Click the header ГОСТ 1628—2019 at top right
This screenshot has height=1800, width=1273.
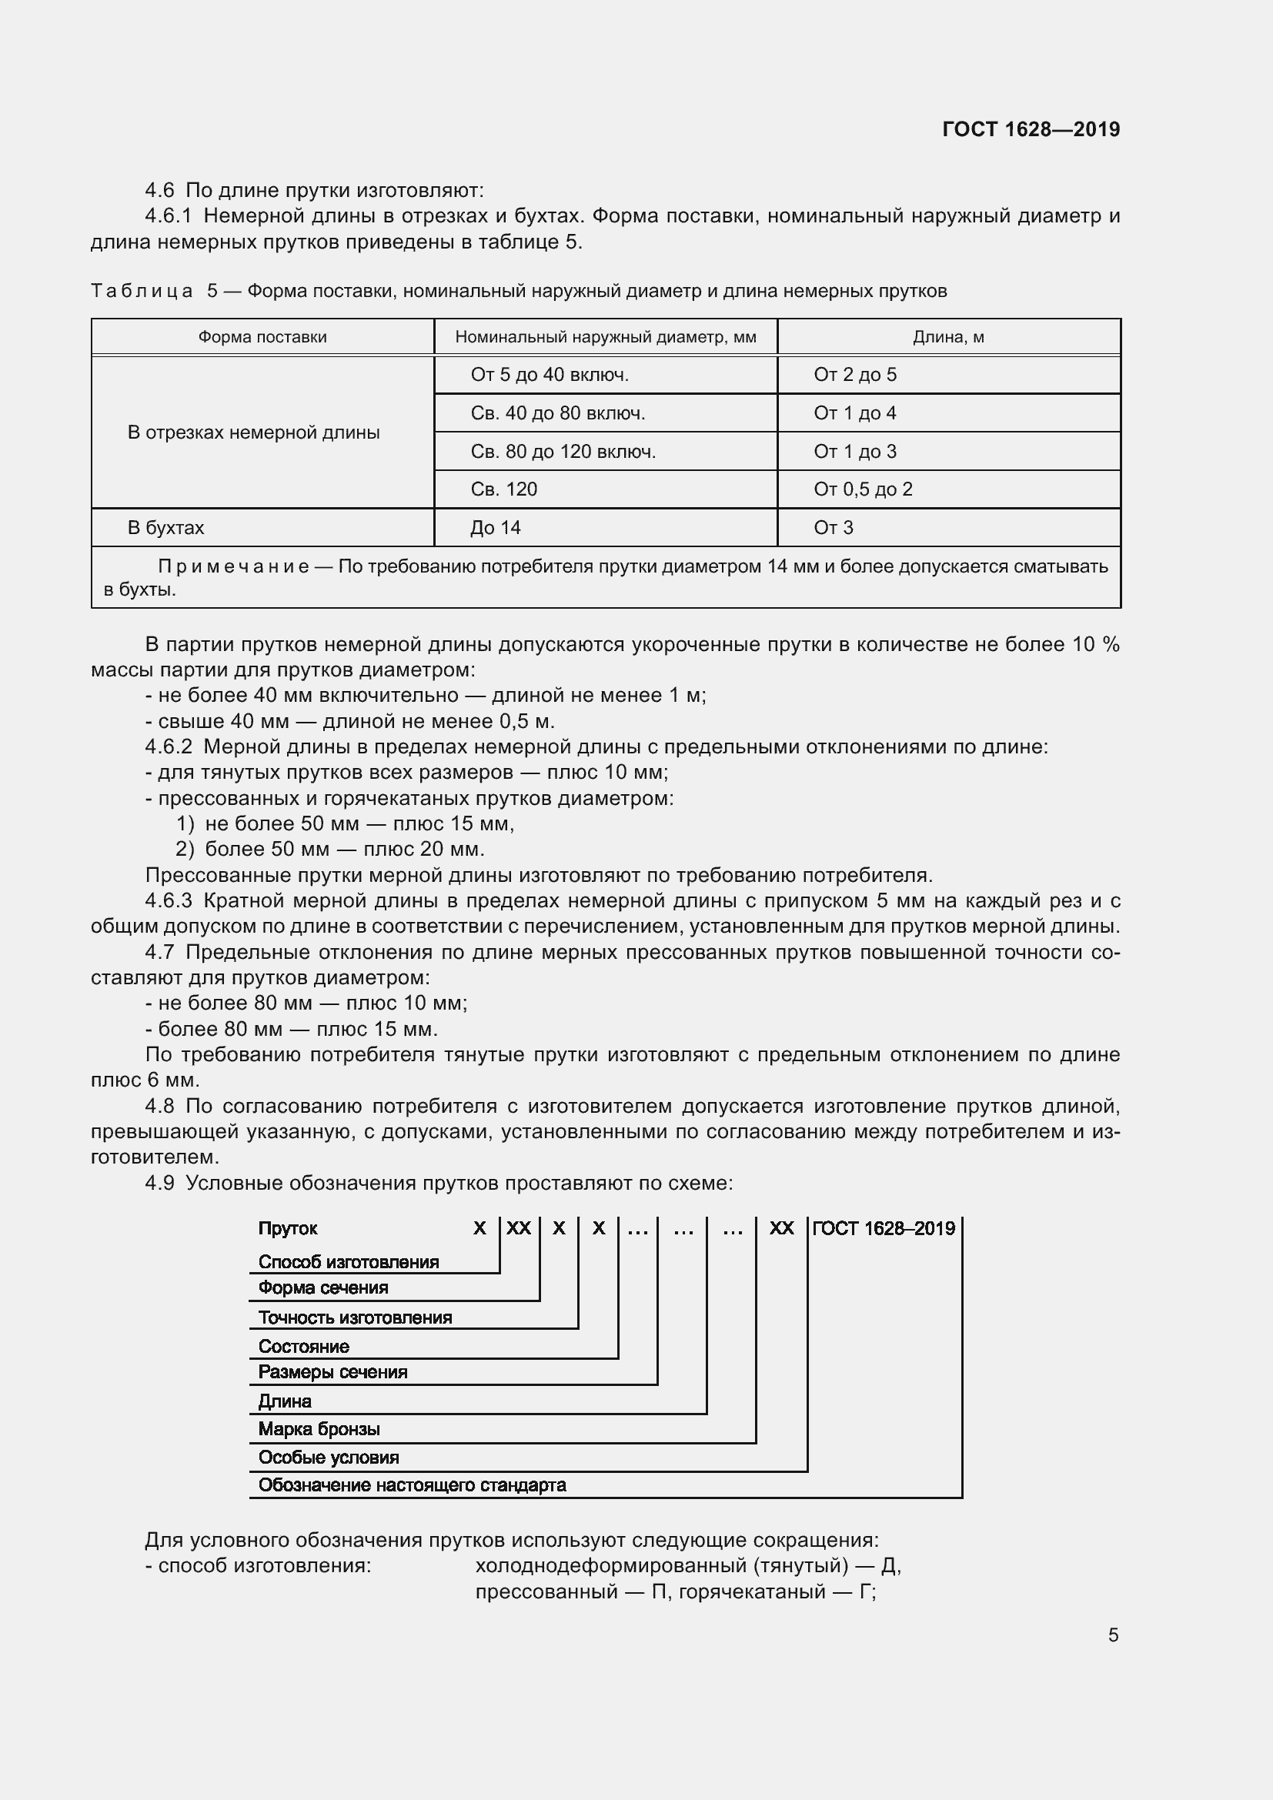1030,129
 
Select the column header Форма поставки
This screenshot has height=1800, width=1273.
262,337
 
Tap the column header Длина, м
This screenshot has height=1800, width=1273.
947,337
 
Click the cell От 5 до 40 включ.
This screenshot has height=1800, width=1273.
550,375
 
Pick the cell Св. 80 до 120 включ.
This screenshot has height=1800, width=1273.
563,452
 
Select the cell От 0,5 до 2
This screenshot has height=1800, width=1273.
862,489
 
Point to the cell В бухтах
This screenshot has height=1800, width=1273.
165,528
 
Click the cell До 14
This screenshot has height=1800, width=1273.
496,528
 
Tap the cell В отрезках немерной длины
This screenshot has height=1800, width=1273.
253,432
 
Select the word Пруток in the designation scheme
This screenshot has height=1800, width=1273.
288,1228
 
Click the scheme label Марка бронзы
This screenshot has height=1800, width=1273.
319,1428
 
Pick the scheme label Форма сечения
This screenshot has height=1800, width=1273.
323,1287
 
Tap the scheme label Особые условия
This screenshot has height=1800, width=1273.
329,1457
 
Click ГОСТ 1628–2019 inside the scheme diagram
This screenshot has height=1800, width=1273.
884,1228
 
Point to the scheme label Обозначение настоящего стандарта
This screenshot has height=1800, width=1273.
413,1484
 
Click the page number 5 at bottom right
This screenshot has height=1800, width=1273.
1112,1635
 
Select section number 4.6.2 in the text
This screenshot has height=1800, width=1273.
169,746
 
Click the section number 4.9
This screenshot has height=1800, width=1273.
160,1183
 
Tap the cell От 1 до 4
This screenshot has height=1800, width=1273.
854,413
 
